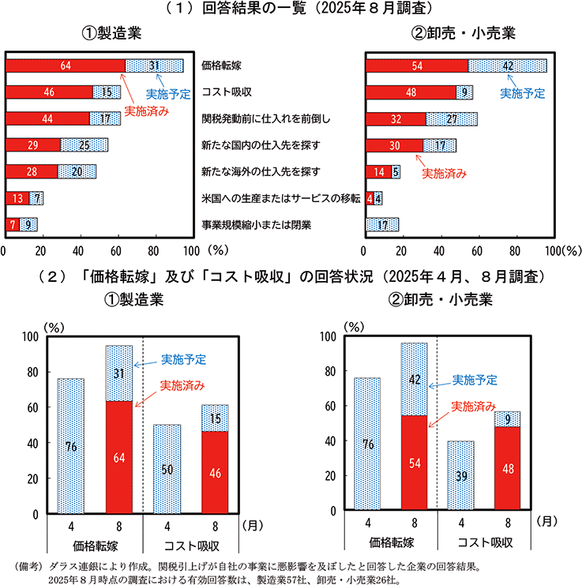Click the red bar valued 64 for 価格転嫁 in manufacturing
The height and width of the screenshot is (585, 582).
(65, 66)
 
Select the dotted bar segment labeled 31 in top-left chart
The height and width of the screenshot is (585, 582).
(154, 66)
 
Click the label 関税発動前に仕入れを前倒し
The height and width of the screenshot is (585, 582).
(265, 118)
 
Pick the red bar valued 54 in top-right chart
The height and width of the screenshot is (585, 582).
(416, 66)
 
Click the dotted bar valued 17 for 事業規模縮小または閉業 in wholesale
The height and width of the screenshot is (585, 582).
(382, 225)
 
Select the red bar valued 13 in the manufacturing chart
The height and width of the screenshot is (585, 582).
(17, 198)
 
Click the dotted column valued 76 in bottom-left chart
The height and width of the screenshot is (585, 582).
(71, 446)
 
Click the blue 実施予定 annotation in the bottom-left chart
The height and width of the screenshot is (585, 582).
(184, 359)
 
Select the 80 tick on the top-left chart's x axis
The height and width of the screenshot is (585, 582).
(153, 253)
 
